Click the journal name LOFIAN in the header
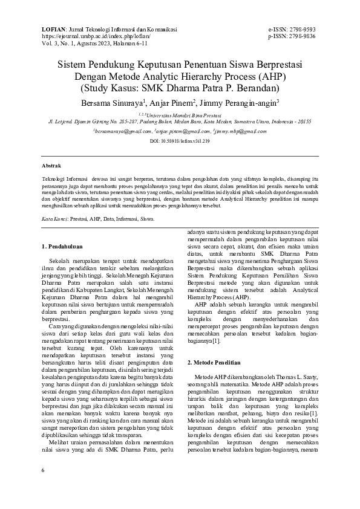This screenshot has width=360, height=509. point(53,29)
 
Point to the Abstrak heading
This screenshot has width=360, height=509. point(51,165)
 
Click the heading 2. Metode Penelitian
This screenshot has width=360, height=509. point(214,362)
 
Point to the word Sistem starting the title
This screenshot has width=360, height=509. point(73,63)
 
